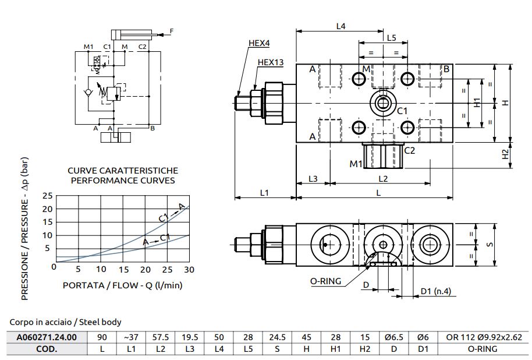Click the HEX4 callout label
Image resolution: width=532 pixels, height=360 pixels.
tap(258, 43)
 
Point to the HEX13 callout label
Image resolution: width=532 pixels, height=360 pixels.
tap(271, 62)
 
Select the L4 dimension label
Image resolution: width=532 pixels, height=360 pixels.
tap(341, 26)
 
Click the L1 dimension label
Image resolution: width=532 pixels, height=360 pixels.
tap(264, 191)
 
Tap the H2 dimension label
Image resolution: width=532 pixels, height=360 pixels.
tap(506, 154)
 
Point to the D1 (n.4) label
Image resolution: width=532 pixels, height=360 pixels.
tap(436, 291)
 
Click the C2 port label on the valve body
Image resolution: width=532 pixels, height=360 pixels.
tap(410, 150)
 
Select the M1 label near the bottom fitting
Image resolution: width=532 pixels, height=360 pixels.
tap(356, 164)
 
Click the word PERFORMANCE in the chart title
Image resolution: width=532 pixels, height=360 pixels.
tap(101, 181)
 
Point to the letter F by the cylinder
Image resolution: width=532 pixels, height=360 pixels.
tap(171, 30)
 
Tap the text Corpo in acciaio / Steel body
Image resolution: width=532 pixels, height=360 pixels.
tap(65, 322)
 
